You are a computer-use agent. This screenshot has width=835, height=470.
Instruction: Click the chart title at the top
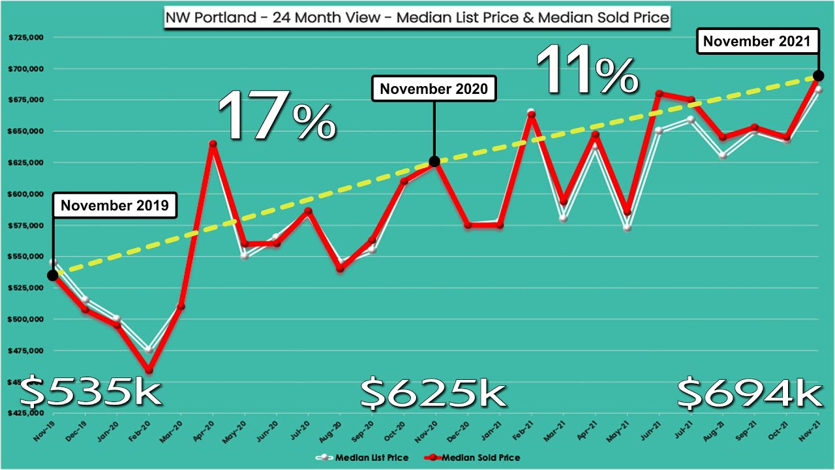tap(417, 16)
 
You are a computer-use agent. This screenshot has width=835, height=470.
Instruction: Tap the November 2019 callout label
tap(114, 206)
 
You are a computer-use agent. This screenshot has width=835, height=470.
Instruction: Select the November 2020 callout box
tap(434, 89)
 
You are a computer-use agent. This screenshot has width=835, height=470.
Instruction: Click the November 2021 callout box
tap(757, 42)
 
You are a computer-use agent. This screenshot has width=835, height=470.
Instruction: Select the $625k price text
tap(433, 392)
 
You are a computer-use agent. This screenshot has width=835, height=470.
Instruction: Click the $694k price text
tap(749, 392)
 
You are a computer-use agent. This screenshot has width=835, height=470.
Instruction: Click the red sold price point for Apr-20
tap(213, 144)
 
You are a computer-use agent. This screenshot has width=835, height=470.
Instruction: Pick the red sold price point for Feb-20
tap(149, 370)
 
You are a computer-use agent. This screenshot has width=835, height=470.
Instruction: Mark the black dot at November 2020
tap(434, 161)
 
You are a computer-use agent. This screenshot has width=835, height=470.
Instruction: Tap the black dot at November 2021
tap(818, 76)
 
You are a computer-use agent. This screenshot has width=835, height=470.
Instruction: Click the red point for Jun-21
tap(659, 93)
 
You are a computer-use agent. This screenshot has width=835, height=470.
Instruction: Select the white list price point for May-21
tap(627, 228)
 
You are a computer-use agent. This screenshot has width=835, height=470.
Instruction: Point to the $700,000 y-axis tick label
tap(26, 69)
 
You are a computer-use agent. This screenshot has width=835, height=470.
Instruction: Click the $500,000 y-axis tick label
tap(26, 319)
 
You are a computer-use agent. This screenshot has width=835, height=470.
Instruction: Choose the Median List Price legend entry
tap(367, 458)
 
